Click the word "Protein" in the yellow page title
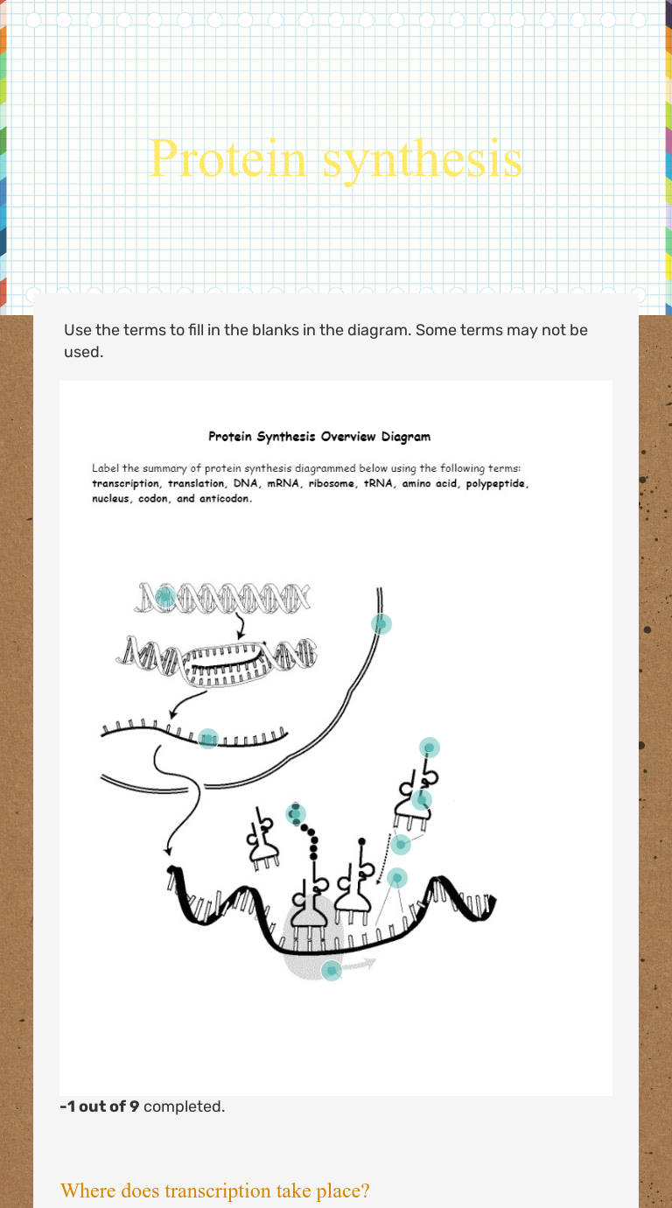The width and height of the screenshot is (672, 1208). click(227, 158)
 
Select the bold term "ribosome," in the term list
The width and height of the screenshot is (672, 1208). click(332, 484)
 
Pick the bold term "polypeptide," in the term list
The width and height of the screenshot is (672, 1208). click(497, 484)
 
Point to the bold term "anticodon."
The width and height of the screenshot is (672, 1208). click(226, 499)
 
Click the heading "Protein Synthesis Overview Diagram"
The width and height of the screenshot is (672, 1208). click(319, 437)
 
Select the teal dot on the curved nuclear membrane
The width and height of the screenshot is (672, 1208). click(381, 624)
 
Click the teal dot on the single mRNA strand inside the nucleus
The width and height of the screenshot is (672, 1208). click(208, 739)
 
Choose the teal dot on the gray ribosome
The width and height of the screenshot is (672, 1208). click(332, 971)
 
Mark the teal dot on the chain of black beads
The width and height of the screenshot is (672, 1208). click(296, 814)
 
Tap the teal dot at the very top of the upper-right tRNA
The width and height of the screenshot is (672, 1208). click(430, 748)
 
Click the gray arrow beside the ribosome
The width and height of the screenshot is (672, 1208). click(360, 964)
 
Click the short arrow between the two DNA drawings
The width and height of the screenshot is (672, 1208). click(240, 628)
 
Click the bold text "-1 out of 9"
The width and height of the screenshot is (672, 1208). click(100, 1106)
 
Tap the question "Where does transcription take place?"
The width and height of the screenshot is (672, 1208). click(215, 1190)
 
